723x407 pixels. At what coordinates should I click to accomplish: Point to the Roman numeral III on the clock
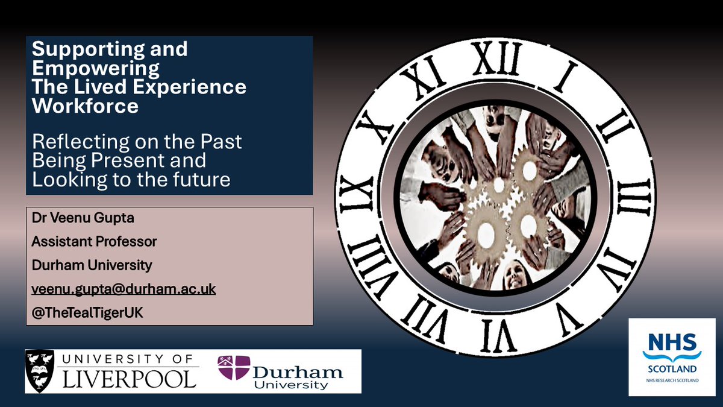633,197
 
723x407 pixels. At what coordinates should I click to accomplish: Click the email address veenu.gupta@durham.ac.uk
124,290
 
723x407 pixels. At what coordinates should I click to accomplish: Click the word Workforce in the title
85,106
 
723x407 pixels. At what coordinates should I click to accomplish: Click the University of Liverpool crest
40,371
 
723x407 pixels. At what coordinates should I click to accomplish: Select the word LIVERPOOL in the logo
129,379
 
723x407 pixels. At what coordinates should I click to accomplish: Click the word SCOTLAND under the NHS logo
672,368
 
